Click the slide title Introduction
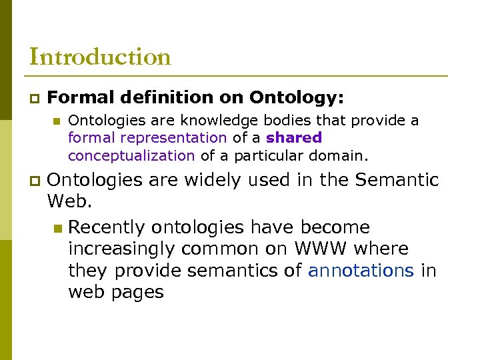click(100, 57)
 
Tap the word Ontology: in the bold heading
click(297, 98)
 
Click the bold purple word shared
click(294, 138)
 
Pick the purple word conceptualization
click(131, 155)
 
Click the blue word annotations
click(361, 270)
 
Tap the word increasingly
click(125, 249)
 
